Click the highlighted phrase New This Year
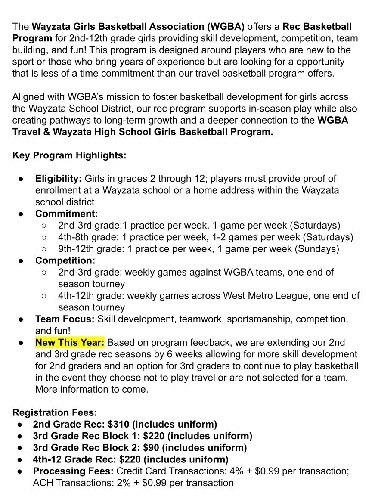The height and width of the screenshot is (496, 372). tap(70, 343)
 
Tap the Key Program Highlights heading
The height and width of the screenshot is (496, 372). tap(69, 155)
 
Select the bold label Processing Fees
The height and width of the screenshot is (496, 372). tap(73, 471)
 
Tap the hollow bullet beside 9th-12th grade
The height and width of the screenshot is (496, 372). tap(44, 249)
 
